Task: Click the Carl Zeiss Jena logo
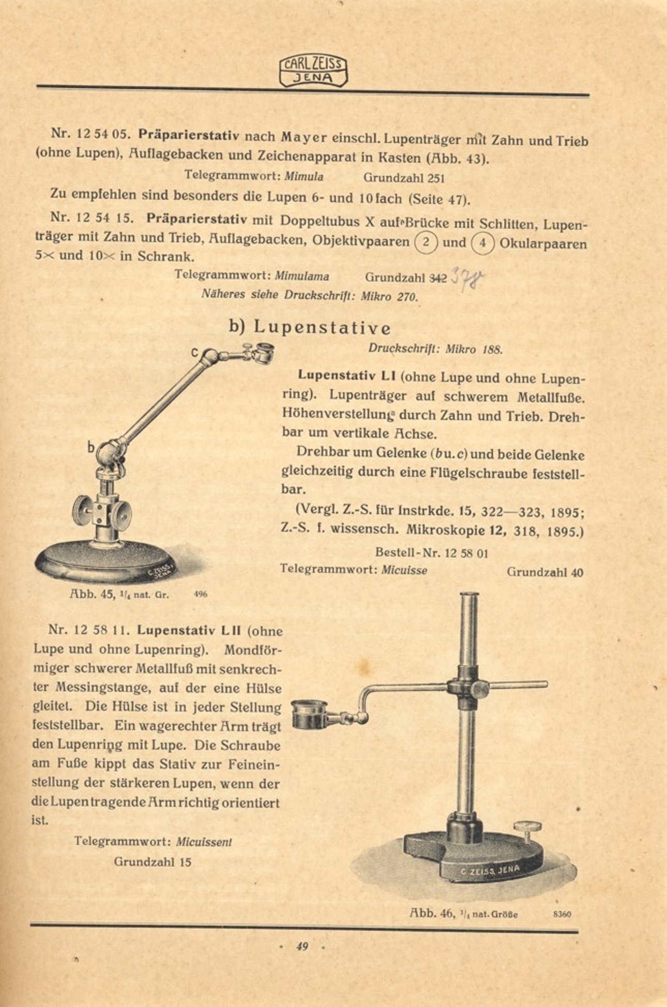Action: (x=313, y=71)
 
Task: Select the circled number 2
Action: (x=426, y=242)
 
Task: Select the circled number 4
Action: (x=482, y=243)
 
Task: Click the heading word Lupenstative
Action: (x=322, y=328)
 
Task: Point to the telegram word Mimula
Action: (x=304, y=176)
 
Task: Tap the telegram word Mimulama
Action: (x=301, y=276)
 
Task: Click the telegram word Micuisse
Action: (x=404, y=570)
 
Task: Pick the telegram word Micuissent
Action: (x=204, y=842)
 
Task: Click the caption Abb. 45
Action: (x=93, y=594)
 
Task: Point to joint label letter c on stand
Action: (x=194, y=353)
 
